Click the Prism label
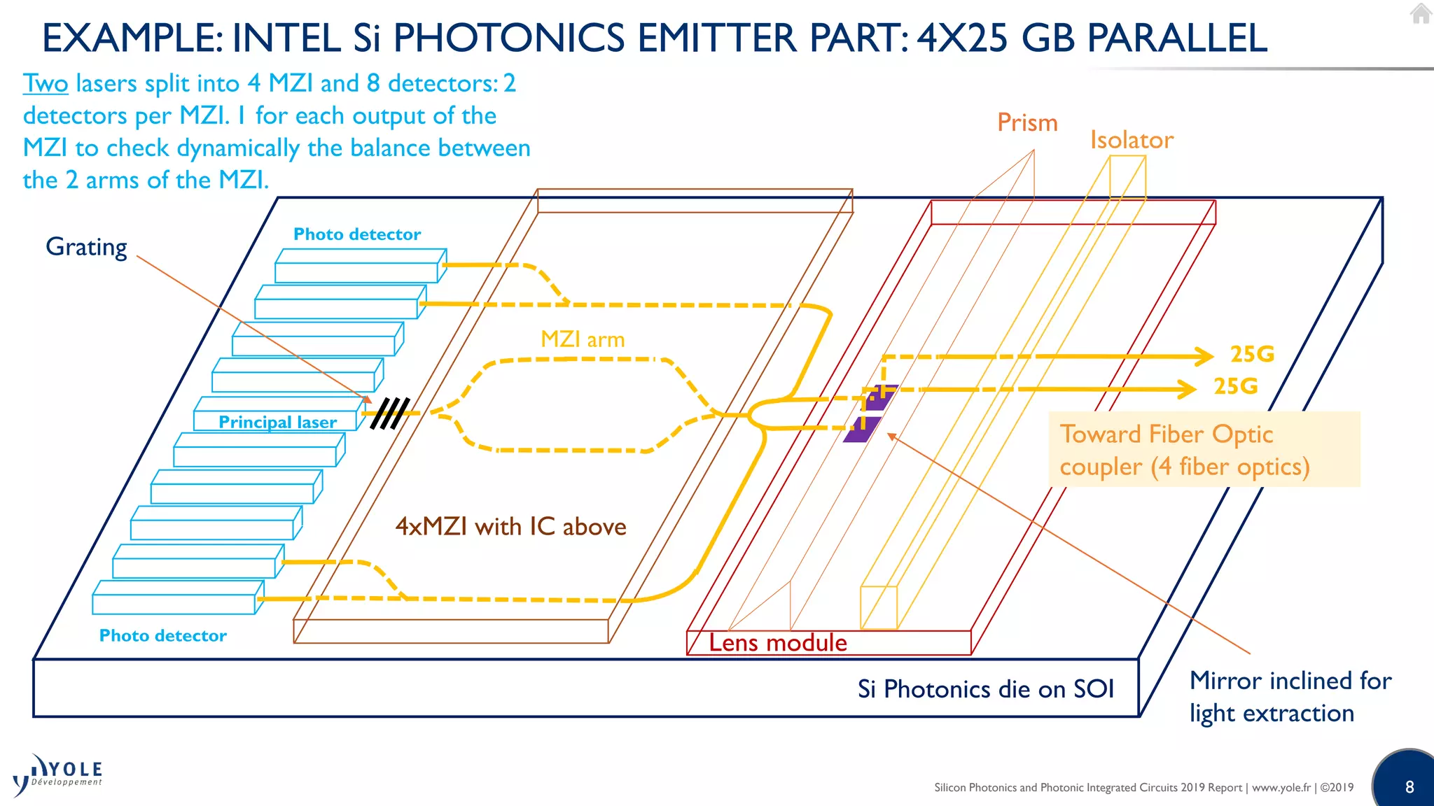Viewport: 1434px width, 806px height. pos(1027,123)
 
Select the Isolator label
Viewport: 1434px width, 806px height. pos(1132,140)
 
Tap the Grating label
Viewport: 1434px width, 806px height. pos(86,247)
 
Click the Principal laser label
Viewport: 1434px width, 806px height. pos(277,422)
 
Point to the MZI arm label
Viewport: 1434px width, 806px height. pos(583,339)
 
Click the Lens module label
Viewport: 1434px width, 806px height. pos(777,642)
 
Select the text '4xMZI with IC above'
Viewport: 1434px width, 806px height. pos(510,526)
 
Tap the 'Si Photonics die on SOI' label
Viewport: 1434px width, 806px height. pos(985,689)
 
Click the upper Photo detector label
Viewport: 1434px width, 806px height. pos(357,234)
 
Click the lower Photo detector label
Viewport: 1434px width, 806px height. pos(163,635)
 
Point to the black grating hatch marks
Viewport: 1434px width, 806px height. pos(389,413)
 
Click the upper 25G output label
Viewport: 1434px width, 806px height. pos(1252,354)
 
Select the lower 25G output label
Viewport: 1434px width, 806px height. pos(1235,386)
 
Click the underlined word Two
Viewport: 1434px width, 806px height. pos(46,84)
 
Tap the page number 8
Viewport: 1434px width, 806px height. pos(1409,787)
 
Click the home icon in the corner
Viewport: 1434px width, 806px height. pos(1421,13)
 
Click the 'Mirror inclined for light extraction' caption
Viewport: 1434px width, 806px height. pos(1290,697)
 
